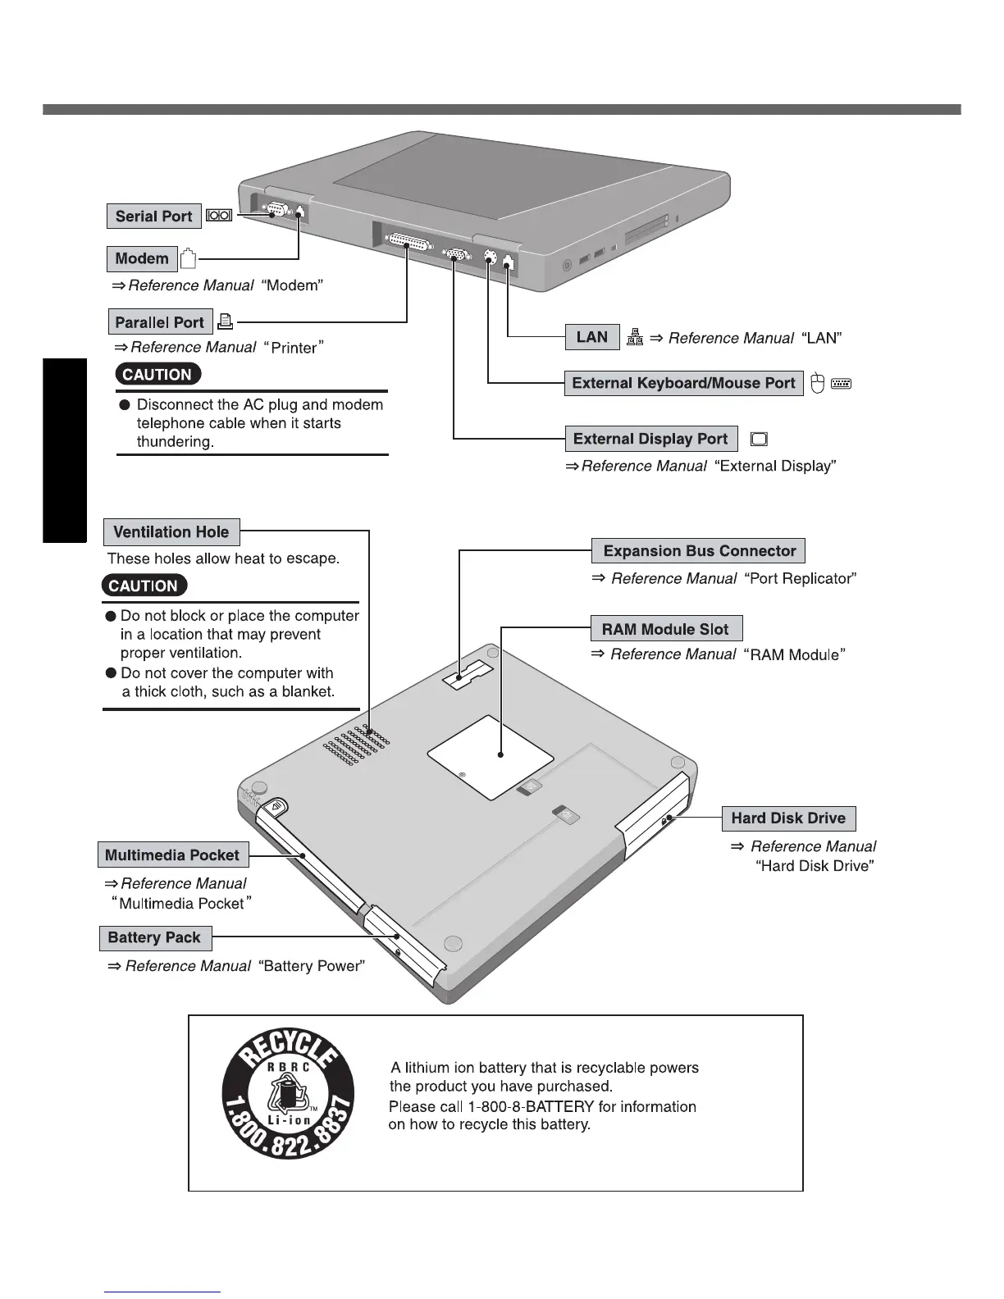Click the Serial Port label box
[x=153, y=216]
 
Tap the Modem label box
[x=142, y=259]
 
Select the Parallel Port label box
[x=160, y=322]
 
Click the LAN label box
[x=592, y=337]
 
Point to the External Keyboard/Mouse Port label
[x=683, y=383]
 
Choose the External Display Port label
[x=650, y=439]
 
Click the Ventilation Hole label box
[x=171, y=532]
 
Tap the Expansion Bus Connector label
[x=699, y=551]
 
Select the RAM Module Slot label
[x=665, y=629]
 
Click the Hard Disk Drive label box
[x=788, y=818]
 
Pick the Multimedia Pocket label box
[x=172, y=855]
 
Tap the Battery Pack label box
[x=154, y=937]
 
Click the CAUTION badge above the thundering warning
[x=157, y=375]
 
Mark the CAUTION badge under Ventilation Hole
[x=144, y=586]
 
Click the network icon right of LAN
[x=635, y=337]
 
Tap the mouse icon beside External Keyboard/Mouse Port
[x=817, y=383]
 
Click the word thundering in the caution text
[x=175, y=442]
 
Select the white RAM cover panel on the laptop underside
[x=491, y=756]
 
